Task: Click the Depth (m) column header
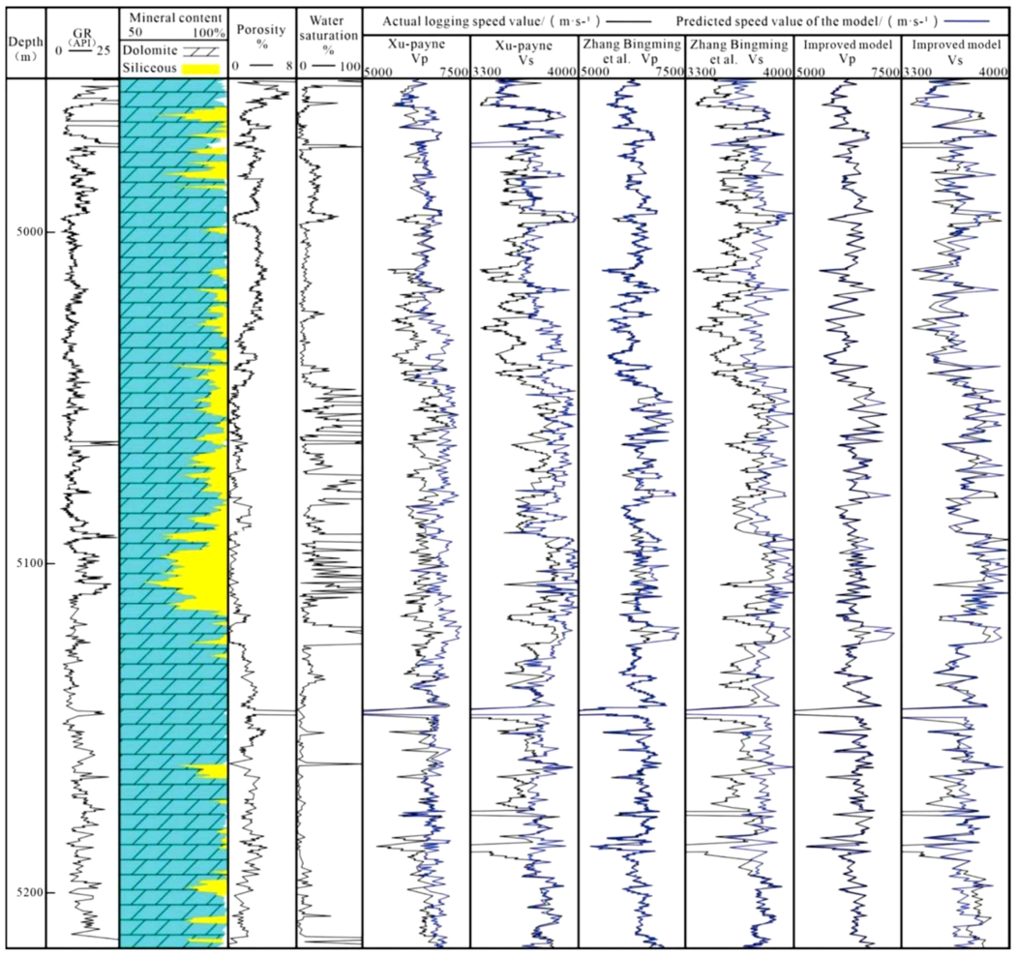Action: pos(23,46)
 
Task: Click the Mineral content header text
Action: pos(173,17)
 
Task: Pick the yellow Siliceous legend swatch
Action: pos(203,71)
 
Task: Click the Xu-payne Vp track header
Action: pos(416,51)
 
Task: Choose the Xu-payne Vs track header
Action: pos(523,51)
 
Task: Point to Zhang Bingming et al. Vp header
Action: pos(631,51)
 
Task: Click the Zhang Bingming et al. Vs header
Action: pos(738,51)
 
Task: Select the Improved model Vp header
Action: pos(846,51)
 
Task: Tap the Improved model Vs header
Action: pos(954,51)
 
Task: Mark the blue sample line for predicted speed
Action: pos(985,19)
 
